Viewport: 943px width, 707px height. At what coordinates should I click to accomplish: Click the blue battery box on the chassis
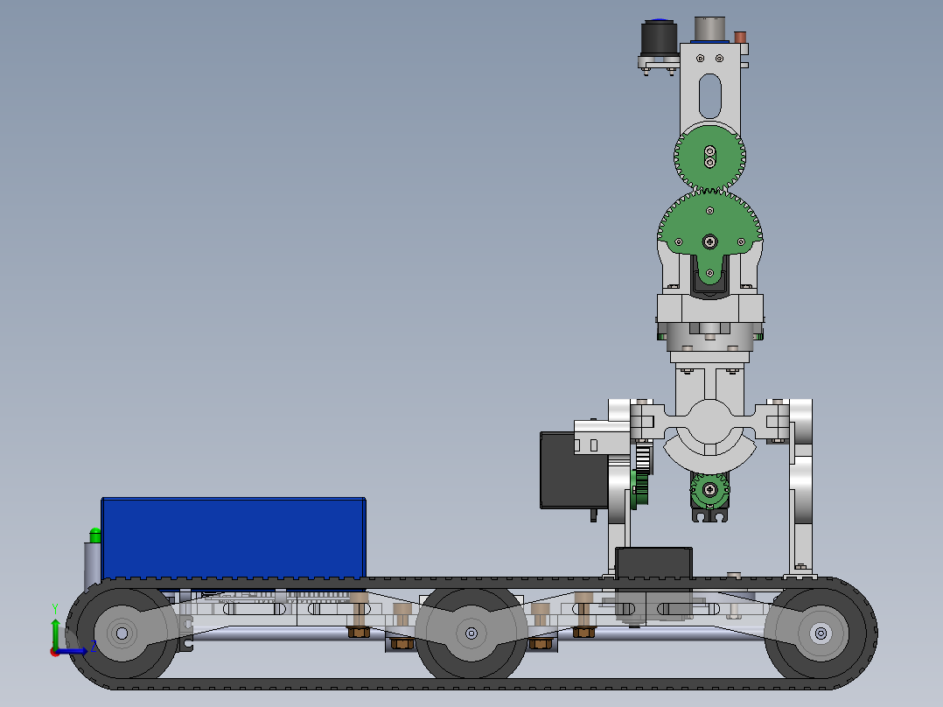click(x=233, y=537)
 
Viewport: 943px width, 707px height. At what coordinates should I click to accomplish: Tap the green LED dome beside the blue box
click(x=95, y=533)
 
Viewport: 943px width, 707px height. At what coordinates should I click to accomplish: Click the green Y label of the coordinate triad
click(x=54, y=607)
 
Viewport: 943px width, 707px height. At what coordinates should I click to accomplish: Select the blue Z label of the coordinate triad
click(x=93, y=647)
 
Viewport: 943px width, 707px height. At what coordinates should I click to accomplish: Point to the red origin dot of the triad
click(x=54, y=651)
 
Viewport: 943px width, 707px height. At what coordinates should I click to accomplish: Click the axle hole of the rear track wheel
click(x=122, y=633)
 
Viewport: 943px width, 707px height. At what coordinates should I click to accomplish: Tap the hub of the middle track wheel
click(x=471, y=633)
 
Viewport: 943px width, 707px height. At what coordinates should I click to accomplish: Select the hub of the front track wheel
click(x=820, y=633)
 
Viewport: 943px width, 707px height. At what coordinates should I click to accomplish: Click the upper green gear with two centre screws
click(x=709, y=157)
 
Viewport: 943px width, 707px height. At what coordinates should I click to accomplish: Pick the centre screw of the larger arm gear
click(x=709, y=240)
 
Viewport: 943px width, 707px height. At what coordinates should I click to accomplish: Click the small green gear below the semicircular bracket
click(x=710, y=490)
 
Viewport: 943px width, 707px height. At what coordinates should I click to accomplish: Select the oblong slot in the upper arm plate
click(x=709, y=95)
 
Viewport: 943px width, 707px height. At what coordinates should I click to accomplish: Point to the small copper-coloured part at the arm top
click(x=740, y=38)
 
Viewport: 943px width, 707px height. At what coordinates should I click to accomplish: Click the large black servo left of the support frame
click(x=571, y=470)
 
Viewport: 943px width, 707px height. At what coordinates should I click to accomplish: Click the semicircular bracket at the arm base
click(x=709, y=445)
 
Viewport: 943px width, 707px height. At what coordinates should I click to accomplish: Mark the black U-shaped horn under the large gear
click(x=709, y=280)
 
